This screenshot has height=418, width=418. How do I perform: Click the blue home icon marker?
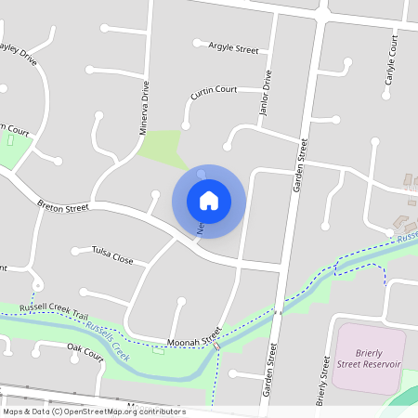[x=209, y=200]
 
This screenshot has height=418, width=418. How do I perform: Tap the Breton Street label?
[x=63, y=206]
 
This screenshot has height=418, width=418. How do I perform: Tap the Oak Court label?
[x=85, y=350]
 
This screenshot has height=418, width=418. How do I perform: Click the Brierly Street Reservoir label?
[x=369, y=357]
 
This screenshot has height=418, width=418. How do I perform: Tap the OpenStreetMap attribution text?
[x=93, y=411]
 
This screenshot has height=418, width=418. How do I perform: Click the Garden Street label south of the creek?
[x=272, y=370]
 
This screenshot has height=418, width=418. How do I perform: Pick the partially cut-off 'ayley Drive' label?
[x=19, y=53]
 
